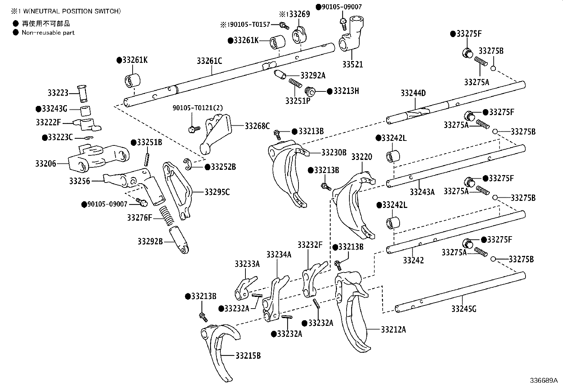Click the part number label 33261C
209,61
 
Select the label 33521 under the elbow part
352,65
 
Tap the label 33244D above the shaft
413,93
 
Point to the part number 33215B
248,356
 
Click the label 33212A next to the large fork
393,329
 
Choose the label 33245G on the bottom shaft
463,309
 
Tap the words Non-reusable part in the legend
48,32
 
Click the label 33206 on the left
46,163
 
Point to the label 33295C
217,192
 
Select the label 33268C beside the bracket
257,125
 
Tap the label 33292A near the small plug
313,75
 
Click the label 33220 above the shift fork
361,157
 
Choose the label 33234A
279,254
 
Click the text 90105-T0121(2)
198,108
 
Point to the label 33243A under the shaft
422,192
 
